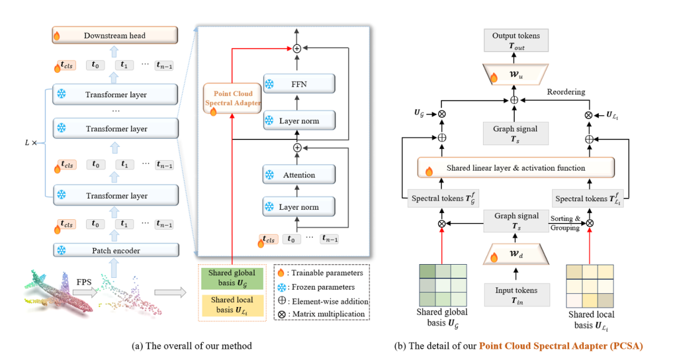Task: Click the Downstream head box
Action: click(115, 36)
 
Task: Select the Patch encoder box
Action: click(116, 250)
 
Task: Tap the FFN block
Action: click(299, 83)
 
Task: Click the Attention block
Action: click(299, 175)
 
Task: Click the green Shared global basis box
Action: click(232, 277)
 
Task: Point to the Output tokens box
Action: click(515, 40)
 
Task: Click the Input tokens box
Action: click(516, 293)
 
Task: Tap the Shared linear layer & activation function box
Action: click(515, 168)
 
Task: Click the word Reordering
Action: click(566, 92)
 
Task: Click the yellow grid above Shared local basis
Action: click(589, 285)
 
